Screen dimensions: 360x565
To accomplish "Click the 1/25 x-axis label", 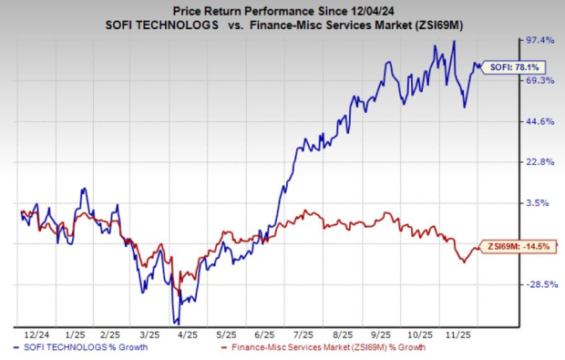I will coord(74,334).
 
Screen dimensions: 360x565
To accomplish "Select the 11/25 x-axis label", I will coord(448,334).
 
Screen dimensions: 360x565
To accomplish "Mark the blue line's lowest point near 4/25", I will coord(178,323).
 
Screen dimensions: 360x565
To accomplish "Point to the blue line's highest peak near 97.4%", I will coord(454,42).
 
